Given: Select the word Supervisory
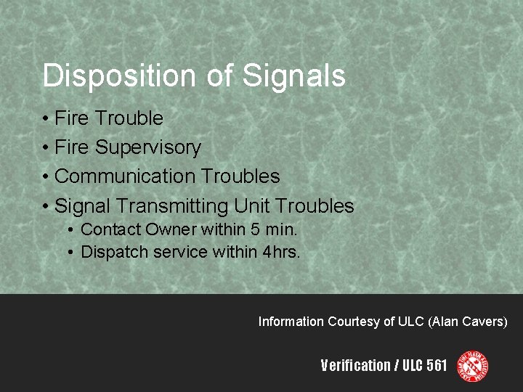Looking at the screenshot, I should click(x=148, y=147).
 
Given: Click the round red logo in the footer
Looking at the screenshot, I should click(x=472, y=366).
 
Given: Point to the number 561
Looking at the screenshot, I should click(x=437, y=366).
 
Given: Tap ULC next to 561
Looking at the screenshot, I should click(x=410, y=366).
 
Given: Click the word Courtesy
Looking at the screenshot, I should click(x=353, y=322).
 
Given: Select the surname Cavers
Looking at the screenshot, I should click(x=486, y=322).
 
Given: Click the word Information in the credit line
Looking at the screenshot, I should click(x=291, y=322).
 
